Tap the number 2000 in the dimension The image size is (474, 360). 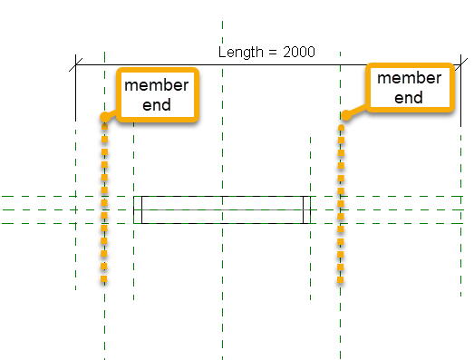point(298,52)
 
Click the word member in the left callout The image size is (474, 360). point(157,85)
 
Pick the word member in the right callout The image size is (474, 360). point(409,78)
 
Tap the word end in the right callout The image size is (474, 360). point(409,97)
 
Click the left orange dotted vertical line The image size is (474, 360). point(104,199)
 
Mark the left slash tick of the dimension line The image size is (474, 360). point(76,65)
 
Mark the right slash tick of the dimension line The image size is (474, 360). point(458,65)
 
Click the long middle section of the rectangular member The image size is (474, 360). point(222,209)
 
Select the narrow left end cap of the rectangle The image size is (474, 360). point(138,209)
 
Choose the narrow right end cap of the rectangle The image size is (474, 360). point(305,209)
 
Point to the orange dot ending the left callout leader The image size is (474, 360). point(105,116)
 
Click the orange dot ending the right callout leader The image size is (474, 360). point(343,115)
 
